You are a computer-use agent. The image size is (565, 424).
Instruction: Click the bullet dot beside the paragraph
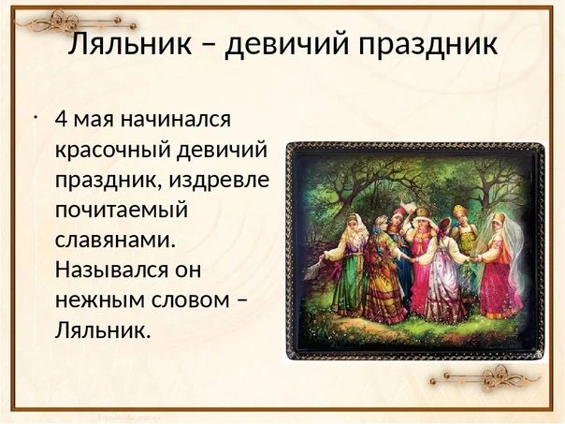tap(34, 117)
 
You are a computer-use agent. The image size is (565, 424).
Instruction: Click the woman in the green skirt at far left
tap(348, 267)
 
